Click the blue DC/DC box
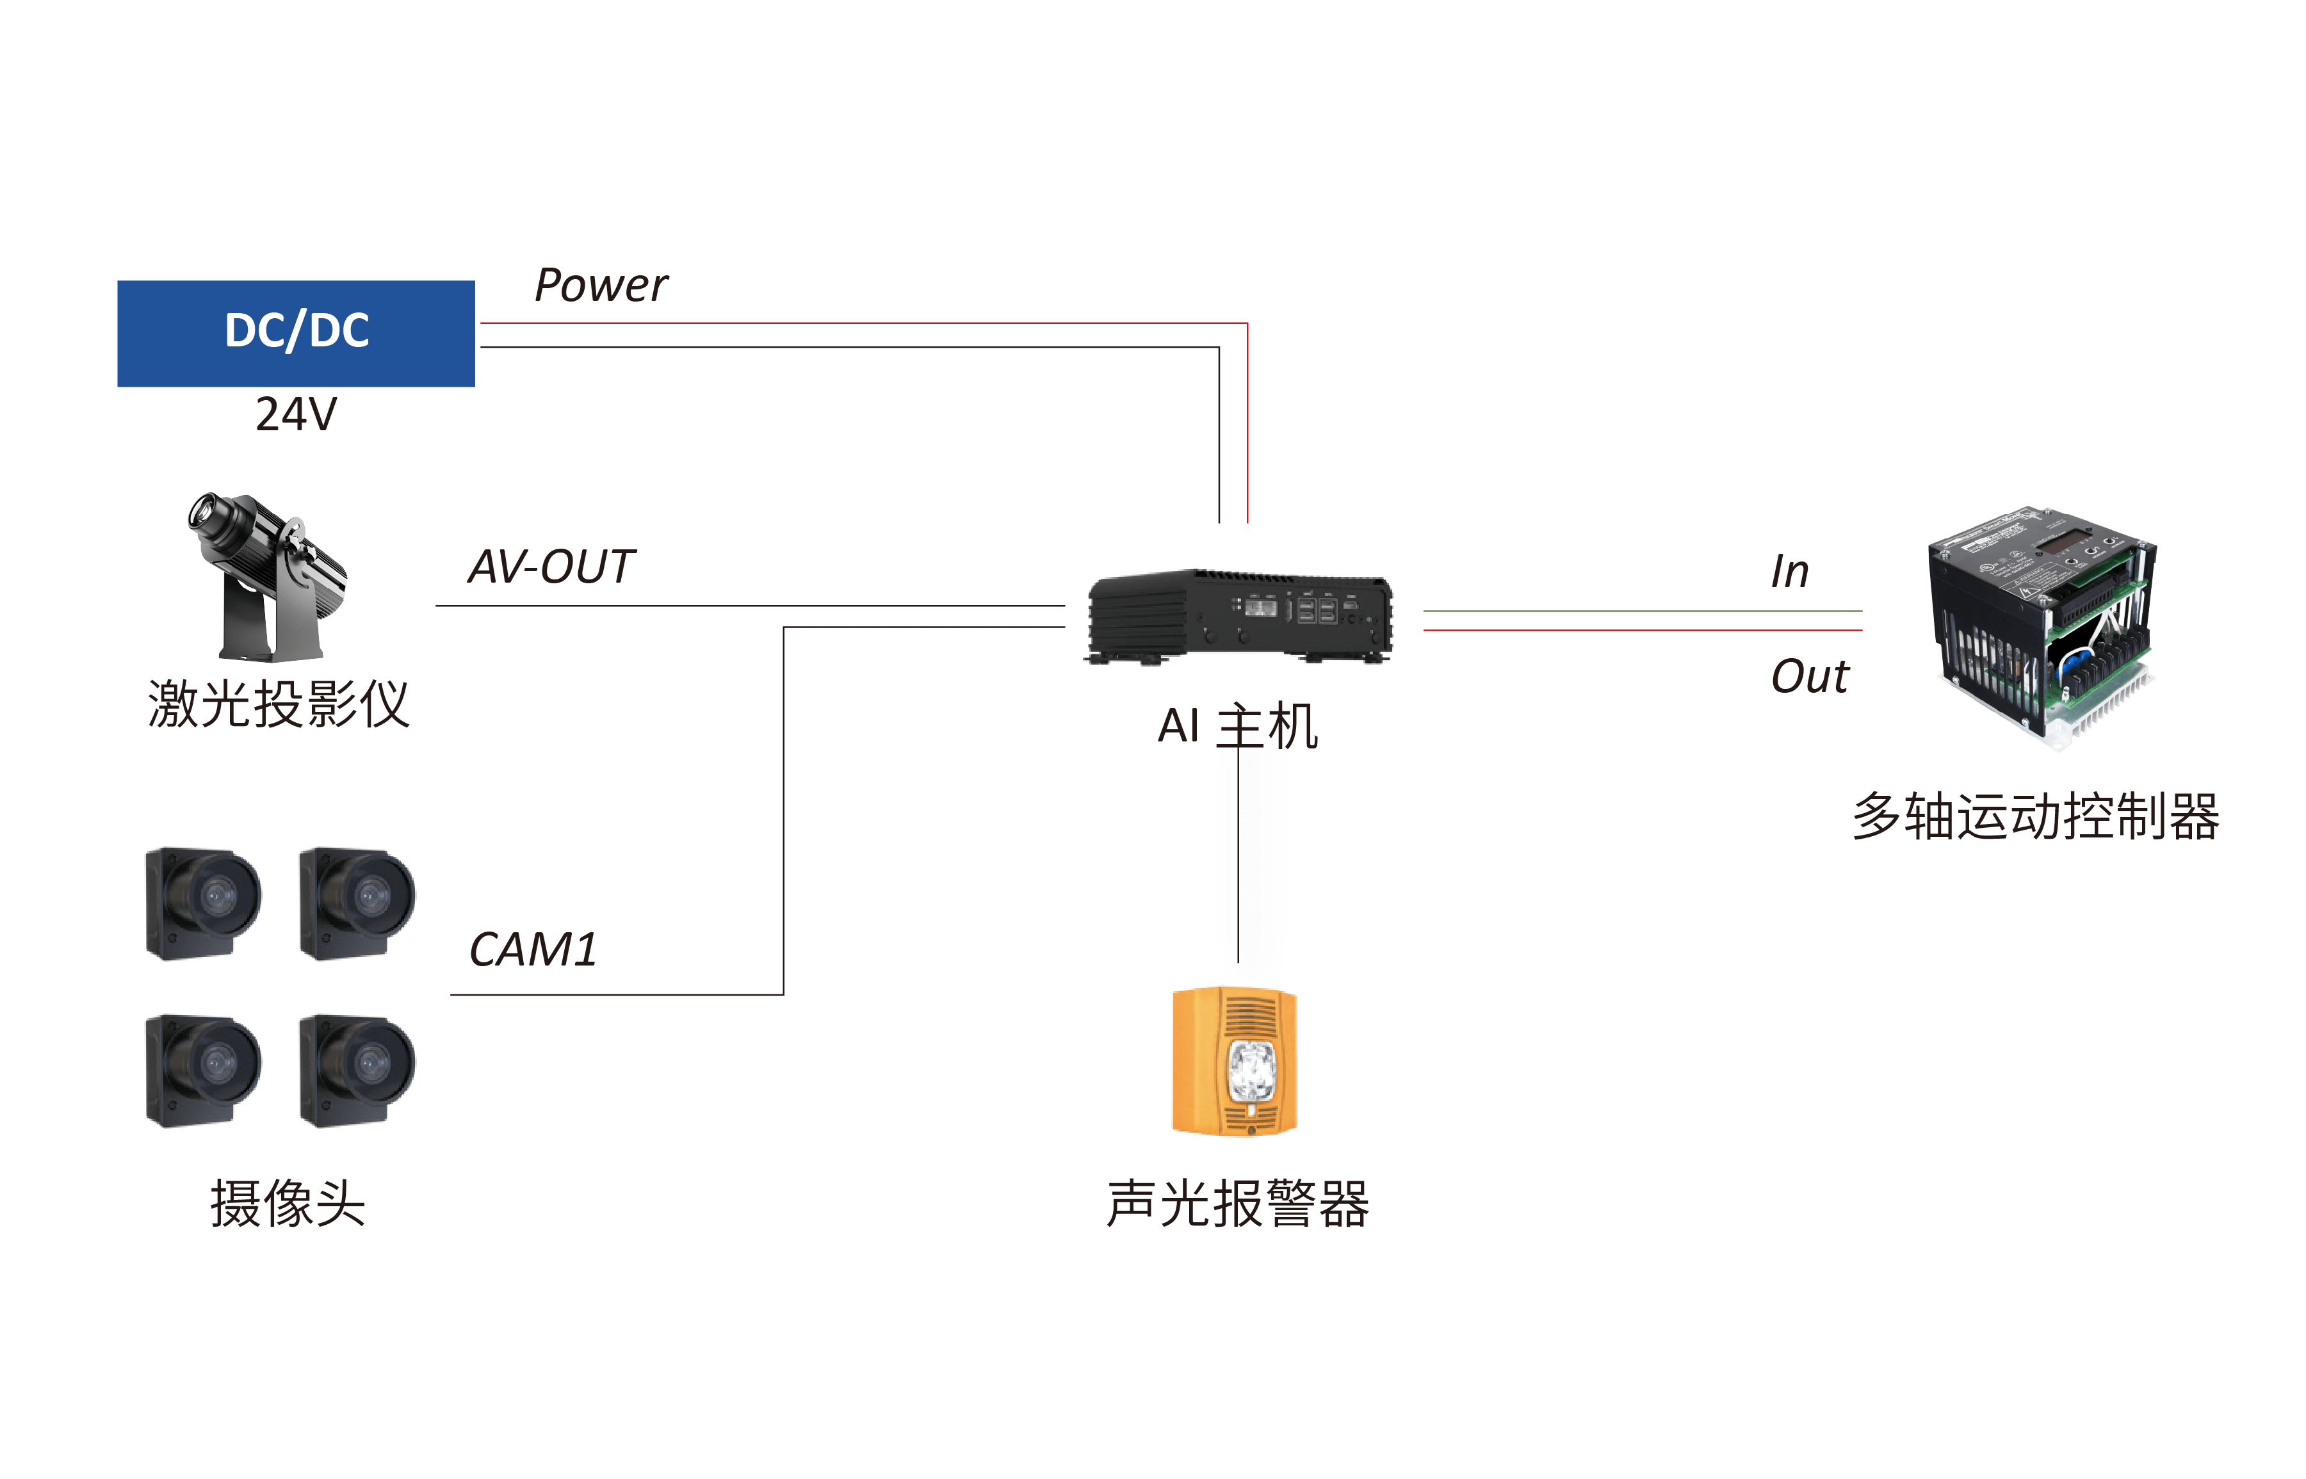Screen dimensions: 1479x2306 point(296,332)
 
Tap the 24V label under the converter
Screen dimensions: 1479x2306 point(296,414)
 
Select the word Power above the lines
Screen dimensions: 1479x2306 point(600,286)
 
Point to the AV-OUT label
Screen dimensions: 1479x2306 point(551,567)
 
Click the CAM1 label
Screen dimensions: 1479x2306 point(533,950)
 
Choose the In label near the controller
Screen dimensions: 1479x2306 point(1789,572)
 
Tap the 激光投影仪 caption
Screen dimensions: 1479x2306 point(279,704)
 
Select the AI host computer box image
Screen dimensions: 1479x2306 point(1239,616)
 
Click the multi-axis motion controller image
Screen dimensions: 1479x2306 point(2041,624)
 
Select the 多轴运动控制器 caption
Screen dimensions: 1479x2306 point(2036,817)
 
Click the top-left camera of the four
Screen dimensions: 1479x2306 point(202,903)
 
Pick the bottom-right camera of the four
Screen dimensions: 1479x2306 point(356,1070)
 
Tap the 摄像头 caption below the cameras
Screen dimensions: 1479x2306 point(288,1204)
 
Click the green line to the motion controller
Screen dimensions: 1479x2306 point(1643,611)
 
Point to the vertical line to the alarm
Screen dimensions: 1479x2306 point(1238,864)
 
